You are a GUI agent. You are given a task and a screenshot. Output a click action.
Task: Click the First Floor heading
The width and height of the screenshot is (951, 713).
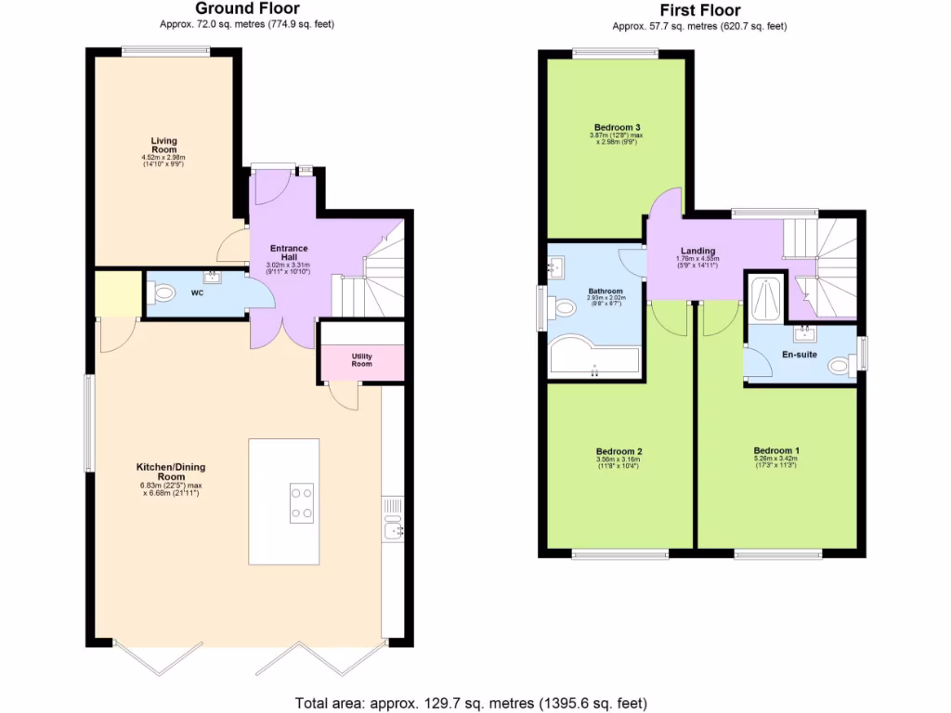click(x=699, y=10)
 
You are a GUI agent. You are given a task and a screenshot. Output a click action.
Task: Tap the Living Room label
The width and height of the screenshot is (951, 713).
click(x=164, y=145)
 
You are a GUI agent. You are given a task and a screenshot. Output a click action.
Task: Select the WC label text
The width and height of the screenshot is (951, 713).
click(x=197, y=293)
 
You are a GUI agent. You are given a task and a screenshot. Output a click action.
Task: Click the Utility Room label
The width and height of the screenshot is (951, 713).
click(x=361, y=359)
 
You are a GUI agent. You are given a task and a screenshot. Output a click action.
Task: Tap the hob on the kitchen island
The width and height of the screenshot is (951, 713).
click(x=302, y=502)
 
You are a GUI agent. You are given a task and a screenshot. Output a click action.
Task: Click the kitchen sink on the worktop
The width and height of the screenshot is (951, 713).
click(x=393, y=531)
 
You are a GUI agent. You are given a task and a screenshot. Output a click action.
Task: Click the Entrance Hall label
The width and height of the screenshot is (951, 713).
click(x=289, y=253)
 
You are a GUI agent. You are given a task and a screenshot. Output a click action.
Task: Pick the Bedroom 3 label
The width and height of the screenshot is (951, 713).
click(x=618, y=127)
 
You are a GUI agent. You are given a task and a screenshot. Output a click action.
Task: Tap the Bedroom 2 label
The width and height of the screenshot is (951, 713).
click(x=619, y=451)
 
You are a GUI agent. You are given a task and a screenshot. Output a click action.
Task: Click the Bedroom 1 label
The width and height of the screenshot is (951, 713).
click(x=776, y=451)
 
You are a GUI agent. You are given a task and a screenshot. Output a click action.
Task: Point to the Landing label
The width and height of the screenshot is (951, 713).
click(x=697, y=251)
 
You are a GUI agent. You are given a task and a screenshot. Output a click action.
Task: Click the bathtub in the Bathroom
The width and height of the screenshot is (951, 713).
click(x=593, y=359)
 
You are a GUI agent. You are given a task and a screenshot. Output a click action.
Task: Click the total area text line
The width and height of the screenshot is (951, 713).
click(x=471, y=703)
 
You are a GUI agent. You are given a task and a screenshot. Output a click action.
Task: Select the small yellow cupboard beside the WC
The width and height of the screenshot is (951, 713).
click(x=118, y=293)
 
